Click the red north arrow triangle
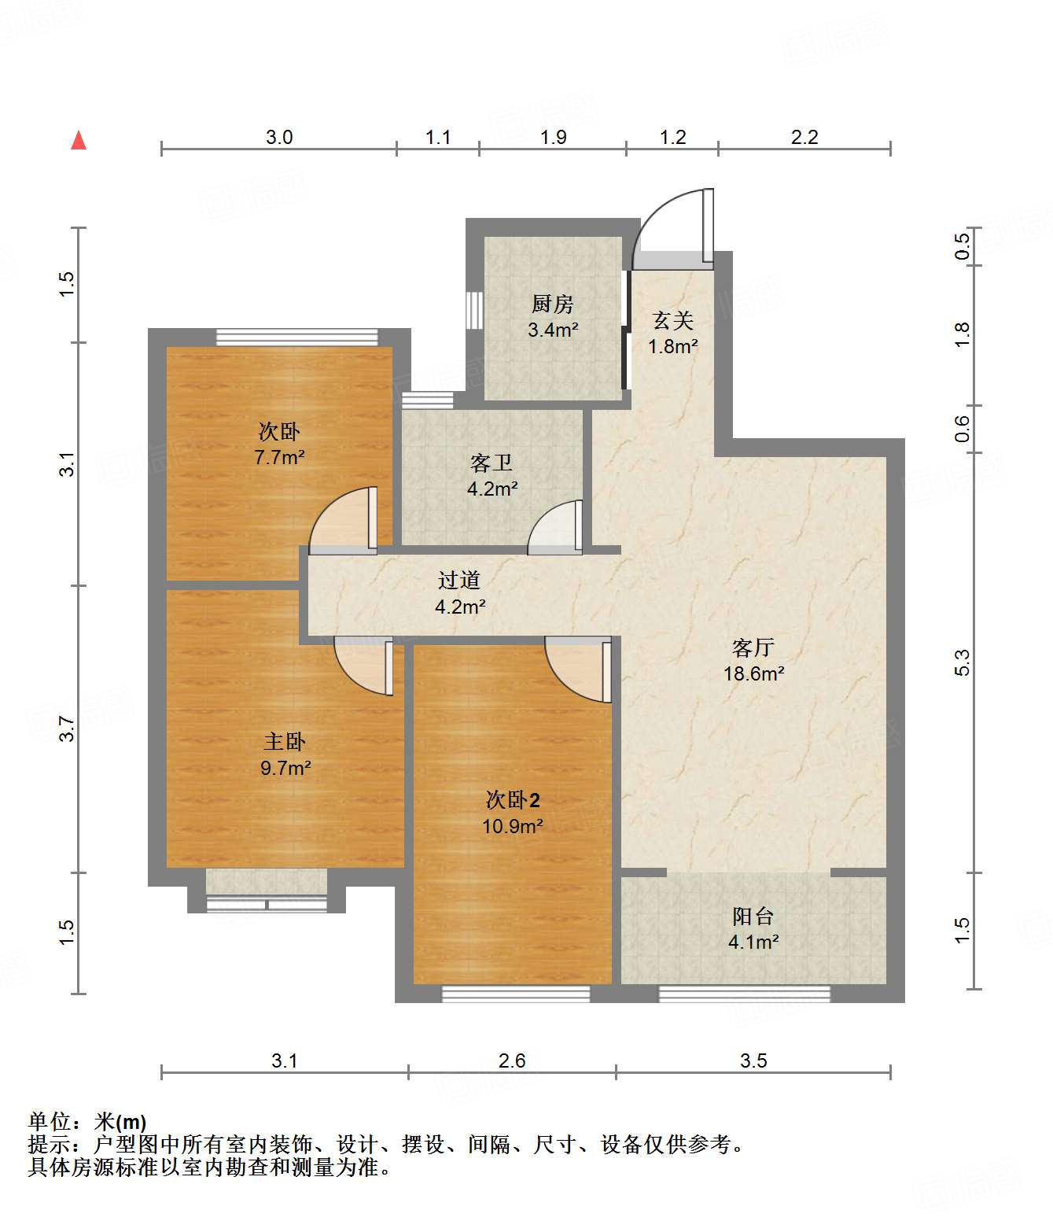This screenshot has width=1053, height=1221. click(79, 141)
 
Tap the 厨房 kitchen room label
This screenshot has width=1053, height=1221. click(552, 304)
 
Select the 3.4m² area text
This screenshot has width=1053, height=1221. click(553, 330)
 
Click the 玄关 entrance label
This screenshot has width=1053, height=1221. click(672, 321)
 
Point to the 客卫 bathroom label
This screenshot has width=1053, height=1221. click(492, 463)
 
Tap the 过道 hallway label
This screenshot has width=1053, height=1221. click(459, 581)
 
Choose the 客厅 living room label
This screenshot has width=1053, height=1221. click(753, 648)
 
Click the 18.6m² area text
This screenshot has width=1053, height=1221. click(754, 674)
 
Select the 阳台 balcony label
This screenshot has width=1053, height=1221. click(753, 917)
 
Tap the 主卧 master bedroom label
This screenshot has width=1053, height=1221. click(285, 742)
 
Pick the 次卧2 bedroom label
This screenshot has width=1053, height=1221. click(513, 800)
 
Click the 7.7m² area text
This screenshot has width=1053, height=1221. click(279, 458)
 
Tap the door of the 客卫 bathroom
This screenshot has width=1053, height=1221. click(555, 528)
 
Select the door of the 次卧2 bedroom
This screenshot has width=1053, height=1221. click(578, 670)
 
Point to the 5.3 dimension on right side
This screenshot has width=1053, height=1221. click(962, 662)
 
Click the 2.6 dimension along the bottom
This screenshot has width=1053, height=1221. click(511, 1061)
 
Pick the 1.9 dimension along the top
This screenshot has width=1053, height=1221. click(554, 137)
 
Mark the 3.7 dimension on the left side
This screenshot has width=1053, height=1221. click(68, 729)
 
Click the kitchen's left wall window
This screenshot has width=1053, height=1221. click(474, 311)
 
